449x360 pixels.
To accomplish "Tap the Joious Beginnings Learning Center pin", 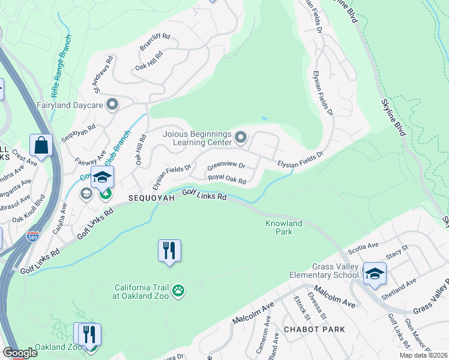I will pos(241,139).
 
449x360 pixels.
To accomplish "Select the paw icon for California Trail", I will pos(178,291).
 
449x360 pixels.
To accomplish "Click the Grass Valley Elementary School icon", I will pos(375,273).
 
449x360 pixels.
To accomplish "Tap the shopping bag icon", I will pos(41,145).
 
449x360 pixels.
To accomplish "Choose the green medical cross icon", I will pos(106,193).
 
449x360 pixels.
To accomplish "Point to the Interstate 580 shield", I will pos(33,238).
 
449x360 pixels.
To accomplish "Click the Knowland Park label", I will pos(283,227).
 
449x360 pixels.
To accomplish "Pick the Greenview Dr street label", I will pos(226,166).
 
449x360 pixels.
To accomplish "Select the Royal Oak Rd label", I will pos(227,179).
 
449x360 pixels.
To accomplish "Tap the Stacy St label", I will pos(397,252).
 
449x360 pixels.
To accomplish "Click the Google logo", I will pos(19,353).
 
